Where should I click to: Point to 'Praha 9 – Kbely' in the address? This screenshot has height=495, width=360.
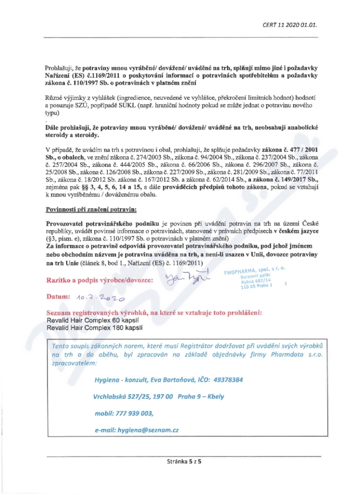[201, 396]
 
